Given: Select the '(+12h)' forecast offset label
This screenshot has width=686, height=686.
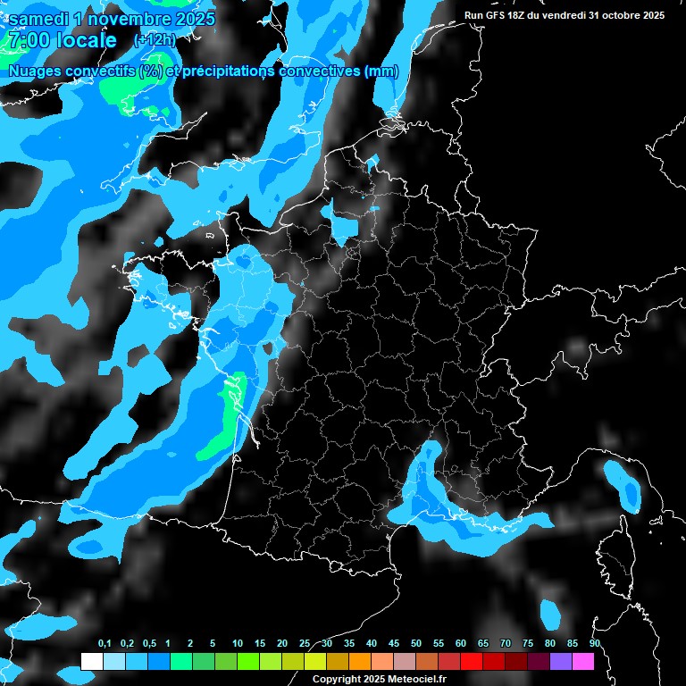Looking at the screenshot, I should tap(154, 40).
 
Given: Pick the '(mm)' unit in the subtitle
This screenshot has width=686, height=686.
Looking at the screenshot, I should tap(381, 71).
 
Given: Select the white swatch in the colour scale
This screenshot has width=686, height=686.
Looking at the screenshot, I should tap(91, 662).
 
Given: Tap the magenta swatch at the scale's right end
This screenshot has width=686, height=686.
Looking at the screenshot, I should tap(583, 662).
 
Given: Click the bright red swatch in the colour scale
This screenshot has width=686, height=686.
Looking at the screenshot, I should tap(472, 662).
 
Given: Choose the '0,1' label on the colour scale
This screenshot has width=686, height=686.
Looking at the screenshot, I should tap(105, 644).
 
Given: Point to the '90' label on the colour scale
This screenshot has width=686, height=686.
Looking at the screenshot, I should tap(595, 644).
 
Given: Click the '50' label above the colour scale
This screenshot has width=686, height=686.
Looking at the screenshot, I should tap(416, 644).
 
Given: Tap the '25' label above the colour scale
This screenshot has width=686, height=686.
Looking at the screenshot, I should tap(305, 644).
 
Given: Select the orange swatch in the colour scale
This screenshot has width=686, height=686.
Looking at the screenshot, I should tap(360, 662).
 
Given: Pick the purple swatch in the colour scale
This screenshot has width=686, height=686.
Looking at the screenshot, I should tap(561, 662).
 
